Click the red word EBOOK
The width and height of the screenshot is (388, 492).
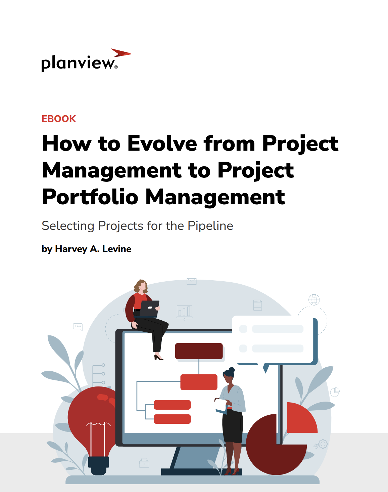coord(59,119)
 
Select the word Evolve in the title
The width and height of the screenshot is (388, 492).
coord(162,143)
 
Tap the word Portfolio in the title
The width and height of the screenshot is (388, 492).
coord(90,197)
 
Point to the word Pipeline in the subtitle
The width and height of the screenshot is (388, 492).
coord(210,226)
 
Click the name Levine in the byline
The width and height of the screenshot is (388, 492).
coord(117,249)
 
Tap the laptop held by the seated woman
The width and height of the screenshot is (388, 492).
coord(149,309)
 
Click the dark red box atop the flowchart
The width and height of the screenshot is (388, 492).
coord(199,351)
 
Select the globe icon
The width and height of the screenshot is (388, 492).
coord(314,300)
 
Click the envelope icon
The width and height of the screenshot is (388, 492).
coord(192,281)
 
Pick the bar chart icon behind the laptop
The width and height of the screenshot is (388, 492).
coord(185,312)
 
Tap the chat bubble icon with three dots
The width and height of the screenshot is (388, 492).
coord(78,327)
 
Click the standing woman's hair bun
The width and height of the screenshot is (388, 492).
coord(232,370)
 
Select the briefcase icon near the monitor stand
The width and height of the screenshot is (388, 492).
coord(144,463)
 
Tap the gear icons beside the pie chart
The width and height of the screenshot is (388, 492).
coord(321,444)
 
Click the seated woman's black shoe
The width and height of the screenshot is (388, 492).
coord(158,358)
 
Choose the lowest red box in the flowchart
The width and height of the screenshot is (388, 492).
coord(172,419)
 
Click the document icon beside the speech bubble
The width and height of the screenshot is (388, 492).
coord(257,305)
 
